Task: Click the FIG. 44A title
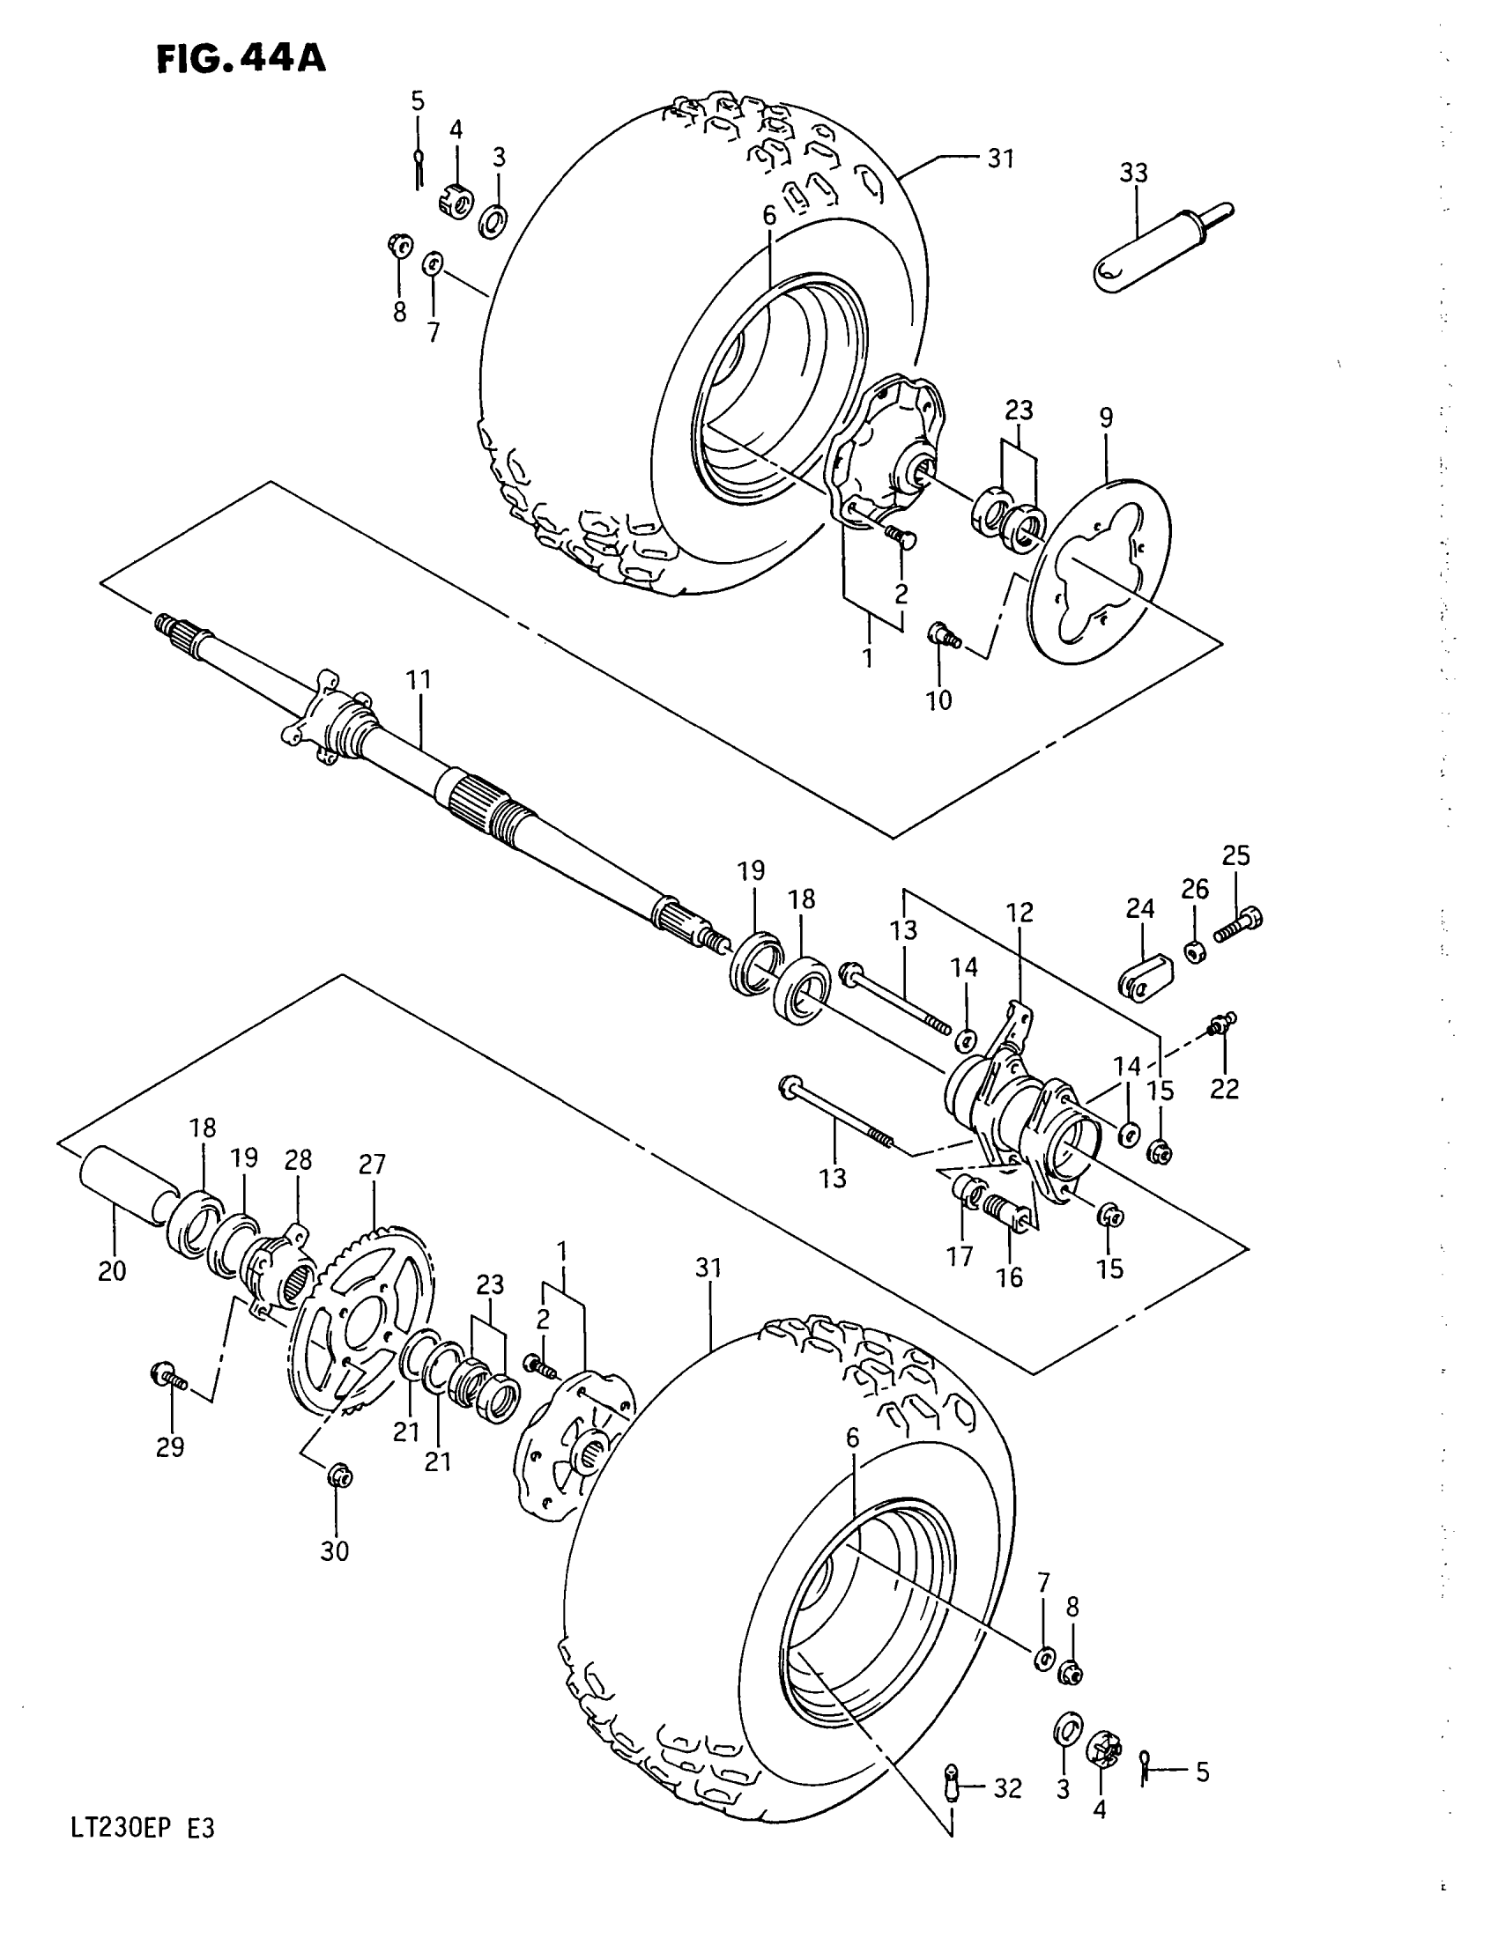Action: [x=241, y=58]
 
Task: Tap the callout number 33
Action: [x=1133, y=173]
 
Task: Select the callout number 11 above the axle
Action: [x=418, y=681]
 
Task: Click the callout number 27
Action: [x=372, y=1165]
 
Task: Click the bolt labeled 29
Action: [x=168, y=1378]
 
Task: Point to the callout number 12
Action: [x=1020, y=913]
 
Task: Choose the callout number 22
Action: [x=1224, y=1088]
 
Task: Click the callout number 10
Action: [x=938, y=700]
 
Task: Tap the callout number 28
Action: [x=298, y=1160]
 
